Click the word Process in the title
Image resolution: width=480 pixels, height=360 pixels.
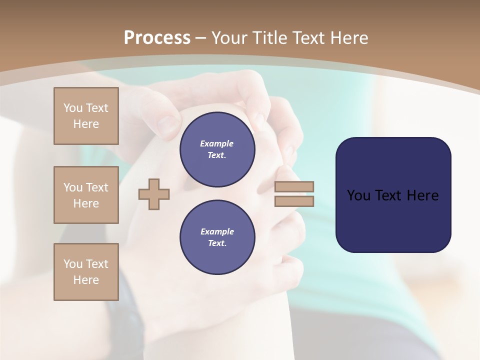point(157,38)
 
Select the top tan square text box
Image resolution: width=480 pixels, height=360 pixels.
point(86,116)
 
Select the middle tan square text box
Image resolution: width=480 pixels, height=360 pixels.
point(86,195)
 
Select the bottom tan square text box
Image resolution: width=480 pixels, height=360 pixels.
point(86,272)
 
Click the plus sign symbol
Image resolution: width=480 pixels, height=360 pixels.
point(154,194)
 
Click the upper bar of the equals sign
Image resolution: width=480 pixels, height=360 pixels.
point(294,186)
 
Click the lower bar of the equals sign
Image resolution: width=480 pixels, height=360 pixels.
point(294,201)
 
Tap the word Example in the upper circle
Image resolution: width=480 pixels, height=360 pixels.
point(217,143)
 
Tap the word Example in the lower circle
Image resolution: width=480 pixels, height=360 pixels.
point(217,231)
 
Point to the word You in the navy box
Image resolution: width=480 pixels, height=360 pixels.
point(358,195)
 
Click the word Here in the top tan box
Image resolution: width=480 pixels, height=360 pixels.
point(86,124)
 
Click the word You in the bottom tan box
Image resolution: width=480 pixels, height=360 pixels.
point(73,264)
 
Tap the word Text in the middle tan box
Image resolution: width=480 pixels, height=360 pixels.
point(97,187)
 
